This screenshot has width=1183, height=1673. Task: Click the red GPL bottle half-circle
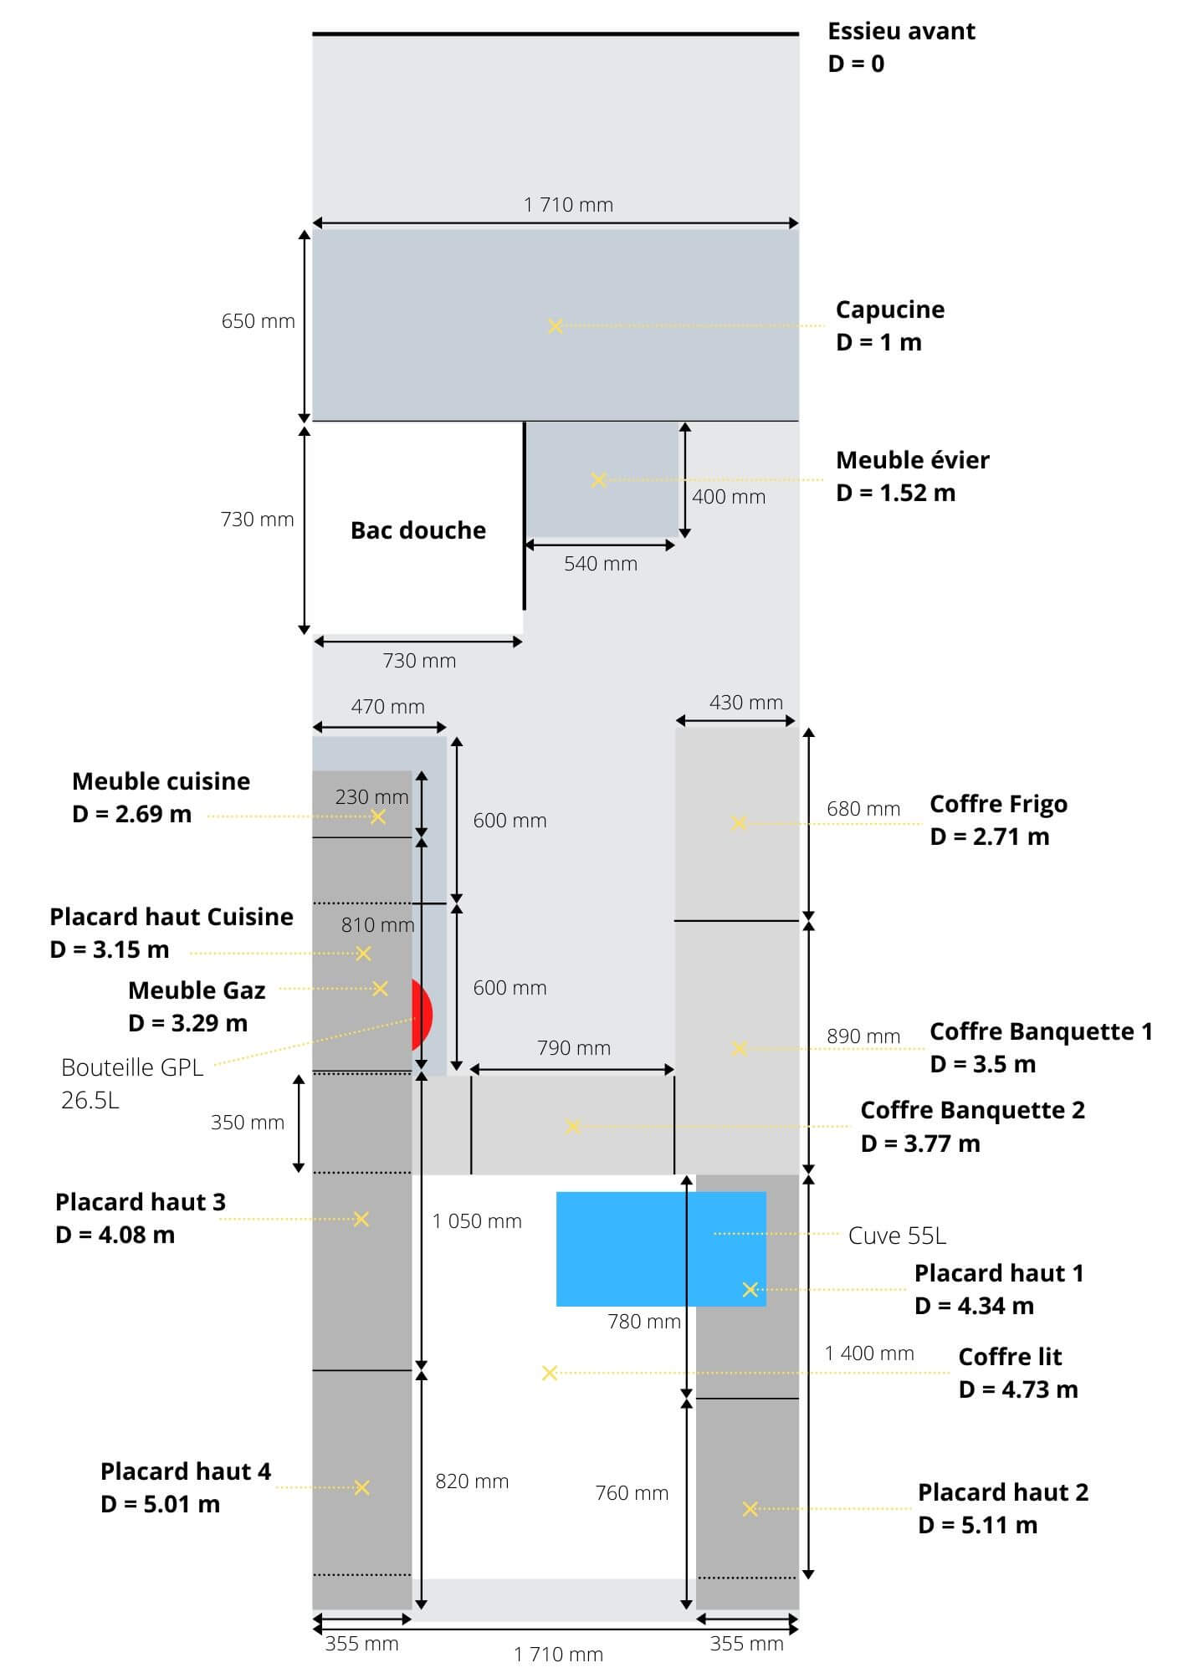coord(422,1014)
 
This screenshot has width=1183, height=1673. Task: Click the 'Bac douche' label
coord(417,530)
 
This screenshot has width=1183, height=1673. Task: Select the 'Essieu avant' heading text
coord(901,32)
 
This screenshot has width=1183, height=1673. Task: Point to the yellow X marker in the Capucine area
coord(555,326)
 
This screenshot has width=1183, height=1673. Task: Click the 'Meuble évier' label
coord(912,461)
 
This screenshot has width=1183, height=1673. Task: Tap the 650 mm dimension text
coord(258,321)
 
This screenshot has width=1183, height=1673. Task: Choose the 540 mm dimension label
coord(600,564)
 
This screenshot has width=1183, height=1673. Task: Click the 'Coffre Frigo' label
coord(998,805)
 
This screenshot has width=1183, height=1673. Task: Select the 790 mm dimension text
coord(573,1048)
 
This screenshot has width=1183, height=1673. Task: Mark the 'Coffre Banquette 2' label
coord(972,1111)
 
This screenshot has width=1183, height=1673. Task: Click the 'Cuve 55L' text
coord(897,1236)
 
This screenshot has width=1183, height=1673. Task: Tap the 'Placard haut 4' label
coord(185,1471)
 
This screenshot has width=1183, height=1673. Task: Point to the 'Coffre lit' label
coord(1010,1357)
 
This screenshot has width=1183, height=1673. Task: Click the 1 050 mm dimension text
coord(477,1221)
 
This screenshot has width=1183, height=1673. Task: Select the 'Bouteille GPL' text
coord(132,1068)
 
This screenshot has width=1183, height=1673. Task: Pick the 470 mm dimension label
coord(387,707)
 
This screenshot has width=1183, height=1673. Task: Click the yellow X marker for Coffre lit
coord(549,1374)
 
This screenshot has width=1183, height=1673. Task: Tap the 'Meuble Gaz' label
coord(197,991)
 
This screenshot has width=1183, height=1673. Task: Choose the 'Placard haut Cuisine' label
coord(172,918)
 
